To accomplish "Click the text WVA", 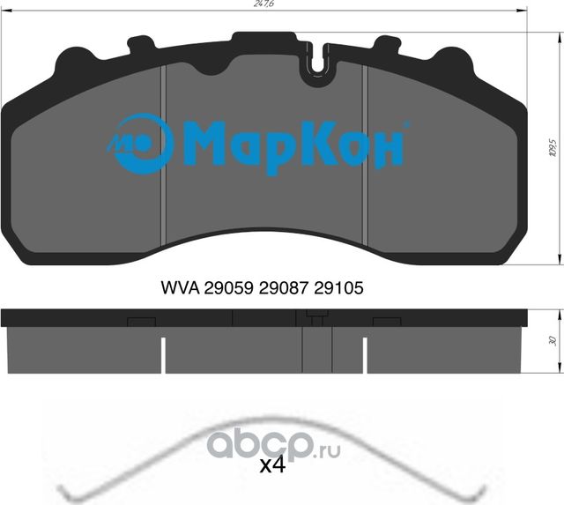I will [x=180, y=287].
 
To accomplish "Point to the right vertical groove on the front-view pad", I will [x=365, y=160].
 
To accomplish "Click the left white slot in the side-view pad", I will [x=164, y=357].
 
